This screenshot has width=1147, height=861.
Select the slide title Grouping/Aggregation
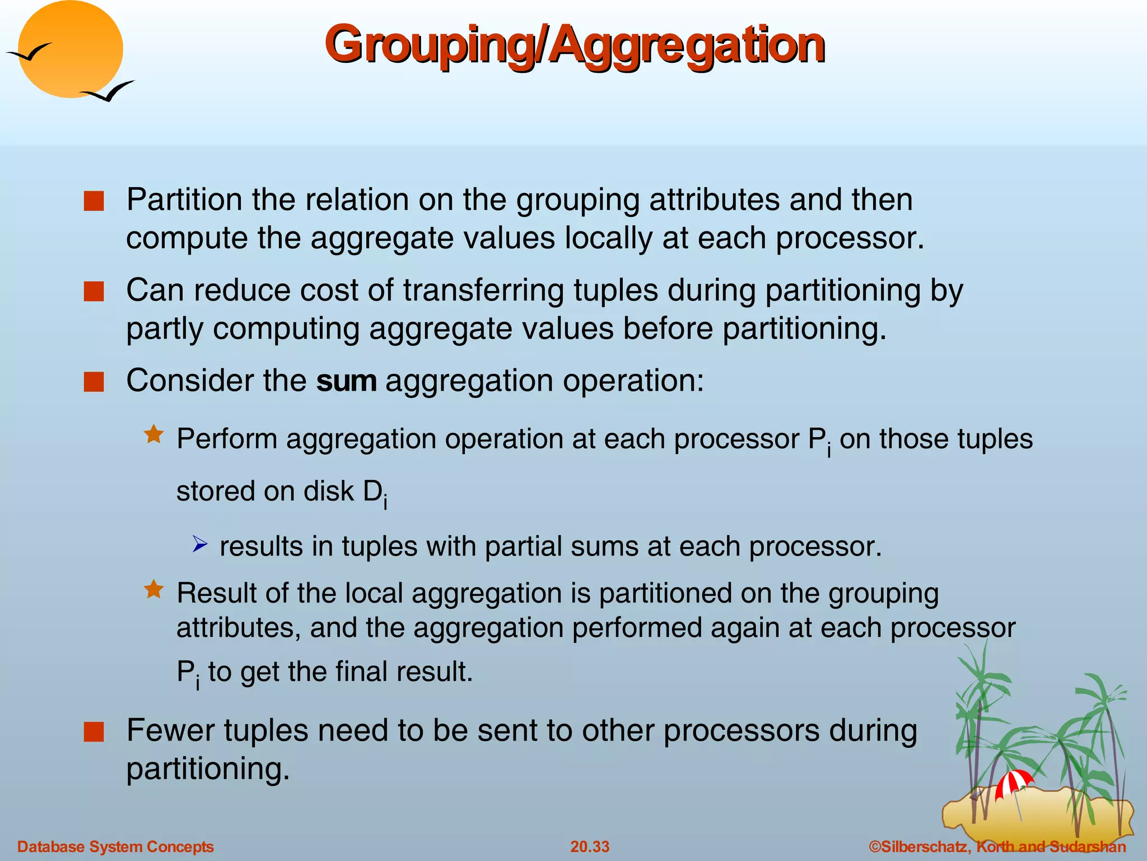(x=574, y=45)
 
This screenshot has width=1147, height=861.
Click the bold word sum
(x=346, y=381)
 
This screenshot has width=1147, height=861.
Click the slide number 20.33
(x=590, y=846)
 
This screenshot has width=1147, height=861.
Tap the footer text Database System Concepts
(x=115, y=846)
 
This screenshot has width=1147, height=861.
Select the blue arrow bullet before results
(x=200, y=544)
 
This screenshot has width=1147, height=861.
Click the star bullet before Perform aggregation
(x=153, y=434)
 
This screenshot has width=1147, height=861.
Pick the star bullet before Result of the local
(x=153, y=589)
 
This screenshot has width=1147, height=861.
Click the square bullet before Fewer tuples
(x=94, y=732)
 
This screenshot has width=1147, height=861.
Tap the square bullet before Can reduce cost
(x=94, y=291)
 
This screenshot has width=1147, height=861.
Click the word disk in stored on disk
(x=329, y=491)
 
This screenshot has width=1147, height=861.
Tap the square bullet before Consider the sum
(x=94, y=382)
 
